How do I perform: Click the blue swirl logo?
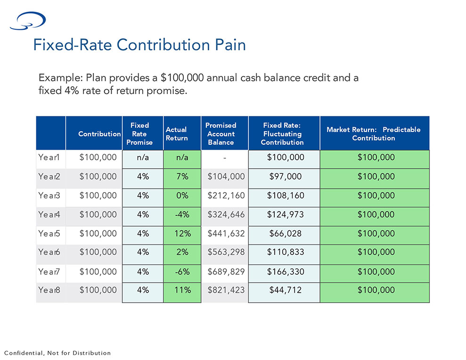click(x=28, y=21)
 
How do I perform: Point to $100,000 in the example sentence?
click(x=182, y=78)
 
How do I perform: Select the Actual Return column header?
click(x=177, y=134)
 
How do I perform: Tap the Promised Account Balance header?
click(x=221, y=134)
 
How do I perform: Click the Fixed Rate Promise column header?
click(x=139, y=134)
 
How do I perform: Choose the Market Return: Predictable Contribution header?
click(x=374, y=134)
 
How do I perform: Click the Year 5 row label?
click(x=49, y=234)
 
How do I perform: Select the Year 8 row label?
click(x=49, y=290)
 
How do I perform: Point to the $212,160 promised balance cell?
click(x=226, y=196)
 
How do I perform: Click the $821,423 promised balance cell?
click(x=226, y=290)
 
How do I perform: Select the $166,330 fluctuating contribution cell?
click(x=286, y=272)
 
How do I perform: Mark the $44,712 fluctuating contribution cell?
click(x=286, y=290)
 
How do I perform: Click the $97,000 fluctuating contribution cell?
click(x=286, y=177)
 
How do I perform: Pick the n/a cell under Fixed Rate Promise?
click(x=143, y=157)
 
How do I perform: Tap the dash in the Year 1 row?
click(x=225, y=158)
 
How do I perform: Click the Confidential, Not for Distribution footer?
click(x=57, y=353)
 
